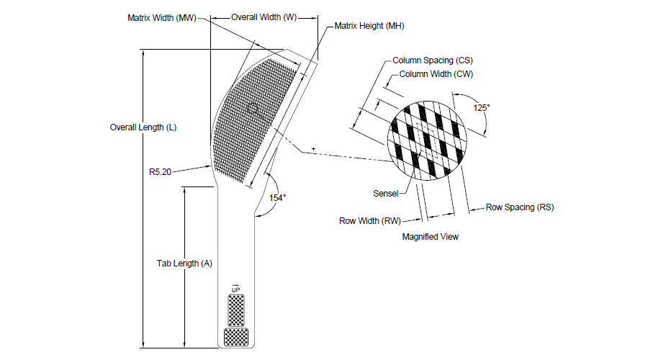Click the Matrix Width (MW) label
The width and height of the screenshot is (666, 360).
click(162, 18)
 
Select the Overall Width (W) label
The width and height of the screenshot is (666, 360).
click(264, 17)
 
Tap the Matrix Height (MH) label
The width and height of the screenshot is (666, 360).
click(369, 26)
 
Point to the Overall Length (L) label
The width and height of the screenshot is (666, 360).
click(143, 127)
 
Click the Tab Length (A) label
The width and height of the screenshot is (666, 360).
click(184, 264)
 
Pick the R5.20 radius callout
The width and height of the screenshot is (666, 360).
click(160, 172)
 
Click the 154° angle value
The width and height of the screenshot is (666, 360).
click(277, 198)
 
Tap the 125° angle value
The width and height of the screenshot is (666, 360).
click(482, 108)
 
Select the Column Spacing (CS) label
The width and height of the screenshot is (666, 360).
click(433, 60)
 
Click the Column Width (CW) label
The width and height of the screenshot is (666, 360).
click(436, 74)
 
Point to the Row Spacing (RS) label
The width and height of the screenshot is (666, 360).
click(520, 207)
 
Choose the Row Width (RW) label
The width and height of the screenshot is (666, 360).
click(370, 221)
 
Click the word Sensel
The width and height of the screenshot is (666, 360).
click(386, 194)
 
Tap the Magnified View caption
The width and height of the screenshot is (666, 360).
click(431, 237)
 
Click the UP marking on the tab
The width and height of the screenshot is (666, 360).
click(235, 289)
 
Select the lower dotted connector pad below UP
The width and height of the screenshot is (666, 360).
click(236, 338)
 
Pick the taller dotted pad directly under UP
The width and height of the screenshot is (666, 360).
click(236, 310)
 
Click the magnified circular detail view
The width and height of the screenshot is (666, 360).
click(427, 140)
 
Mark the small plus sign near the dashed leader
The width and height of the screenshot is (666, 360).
click(313, 149)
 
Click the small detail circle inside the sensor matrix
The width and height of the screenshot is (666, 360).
click(253, 108)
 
